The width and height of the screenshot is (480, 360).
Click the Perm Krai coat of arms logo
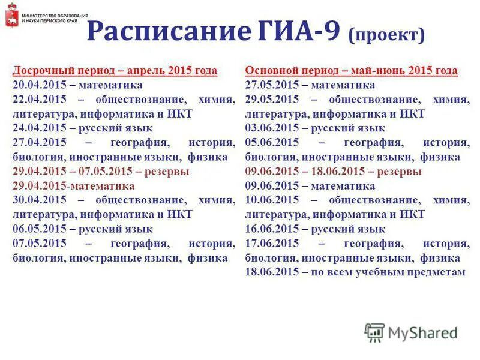(10, 19)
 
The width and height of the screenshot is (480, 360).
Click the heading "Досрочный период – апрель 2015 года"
(115, 71)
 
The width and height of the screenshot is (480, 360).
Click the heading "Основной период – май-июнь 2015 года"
(351, 71)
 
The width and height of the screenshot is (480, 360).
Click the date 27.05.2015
(271, 85)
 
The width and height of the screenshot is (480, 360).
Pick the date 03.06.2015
(271, 128)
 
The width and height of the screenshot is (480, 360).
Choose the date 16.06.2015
(271, 229)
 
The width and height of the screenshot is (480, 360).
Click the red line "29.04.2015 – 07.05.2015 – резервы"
(100, 172)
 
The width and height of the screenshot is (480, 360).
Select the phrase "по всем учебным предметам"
(388, 272)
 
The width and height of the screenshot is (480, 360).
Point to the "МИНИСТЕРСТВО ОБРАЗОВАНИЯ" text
(55, 15)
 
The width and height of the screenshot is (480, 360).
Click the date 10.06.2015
(271, 200)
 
